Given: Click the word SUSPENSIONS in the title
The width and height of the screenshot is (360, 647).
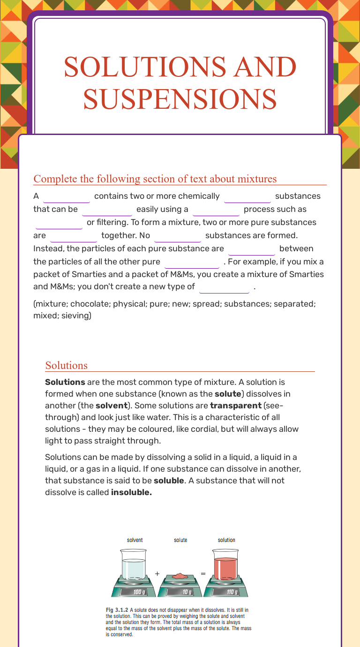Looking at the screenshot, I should click(x=180, y=98).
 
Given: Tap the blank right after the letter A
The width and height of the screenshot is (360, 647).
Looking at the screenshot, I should click(x=66, y=196).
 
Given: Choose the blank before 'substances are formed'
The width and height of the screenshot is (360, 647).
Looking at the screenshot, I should click(x=177, y=235).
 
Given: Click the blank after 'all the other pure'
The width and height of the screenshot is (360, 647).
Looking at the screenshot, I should click(x=192, y=262).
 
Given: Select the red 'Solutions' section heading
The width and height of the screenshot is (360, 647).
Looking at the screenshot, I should click(x=66, y=365).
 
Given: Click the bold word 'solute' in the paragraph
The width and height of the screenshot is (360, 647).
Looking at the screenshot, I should click(x=227, y=394).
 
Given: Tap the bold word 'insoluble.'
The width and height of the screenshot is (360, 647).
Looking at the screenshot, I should click(x=131, y=492).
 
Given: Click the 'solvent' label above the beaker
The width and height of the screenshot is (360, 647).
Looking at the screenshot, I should click(x=135, y=540).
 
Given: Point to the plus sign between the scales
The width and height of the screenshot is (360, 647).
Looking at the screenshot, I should click(x=157, y=573).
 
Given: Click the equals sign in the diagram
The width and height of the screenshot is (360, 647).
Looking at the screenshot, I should click(x=203, y=573).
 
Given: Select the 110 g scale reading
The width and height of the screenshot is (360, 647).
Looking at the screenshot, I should click(x=232, y=592).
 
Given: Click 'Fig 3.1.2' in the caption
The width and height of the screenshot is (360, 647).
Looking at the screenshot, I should click(x=117, y=610).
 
